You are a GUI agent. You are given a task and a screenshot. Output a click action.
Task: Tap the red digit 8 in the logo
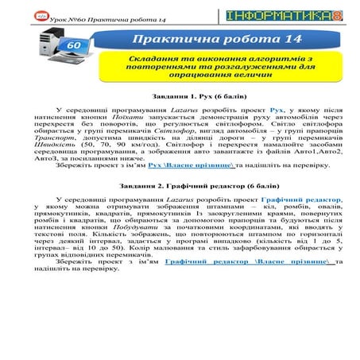(x=339, y=15)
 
